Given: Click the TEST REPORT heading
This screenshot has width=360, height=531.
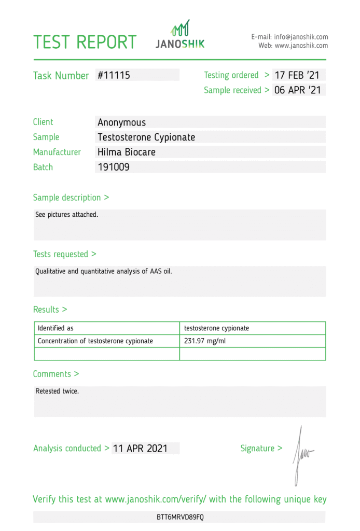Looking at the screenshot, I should tap(85, 42).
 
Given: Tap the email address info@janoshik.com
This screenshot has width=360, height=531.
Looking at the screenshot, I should tap(301, 37).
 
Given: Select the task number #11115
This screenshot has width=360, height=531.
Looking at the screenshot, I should tap(114, 75).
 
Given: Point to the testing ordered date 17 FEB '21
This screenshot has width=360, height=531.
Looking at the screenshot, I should tap(297, 75).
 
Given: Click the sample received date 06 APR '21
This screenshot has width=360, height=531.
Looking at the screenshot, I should tap(298, 90).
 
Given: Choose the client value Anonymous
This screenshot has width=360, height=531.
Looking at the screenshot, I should tap(122, 122).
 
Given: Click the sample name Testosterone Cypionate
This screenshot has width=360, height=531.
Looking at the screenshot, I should tap(146, 137).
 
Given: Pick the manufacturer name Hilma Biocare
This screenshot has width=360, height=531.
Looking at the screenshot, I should tap(127, 152).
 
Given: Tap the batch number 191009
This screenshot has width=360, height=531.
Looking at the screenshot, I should tap(114, 167).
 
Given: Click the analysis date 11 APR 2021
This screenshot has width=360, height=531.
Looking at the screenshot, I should tap(140, 449).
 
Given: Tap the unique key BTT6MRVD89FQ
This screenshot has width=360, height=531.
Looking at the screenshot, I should tap(181, 518).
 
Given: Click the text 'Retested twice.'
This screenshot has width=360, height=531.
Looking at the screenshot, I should tap(57, 391).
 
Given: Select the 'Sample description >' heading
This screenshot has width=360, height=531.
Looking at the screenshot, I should tap(71, 198).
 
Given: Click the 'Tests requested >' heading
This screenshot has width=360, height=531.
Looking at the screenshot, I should tap(64, 254).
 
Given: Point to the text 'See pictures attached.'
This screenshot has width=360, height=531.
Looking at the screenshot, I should tap(66, 214).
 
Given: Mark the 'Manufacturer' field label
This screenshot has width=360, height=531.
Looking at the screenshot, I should tap(57, 152).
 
